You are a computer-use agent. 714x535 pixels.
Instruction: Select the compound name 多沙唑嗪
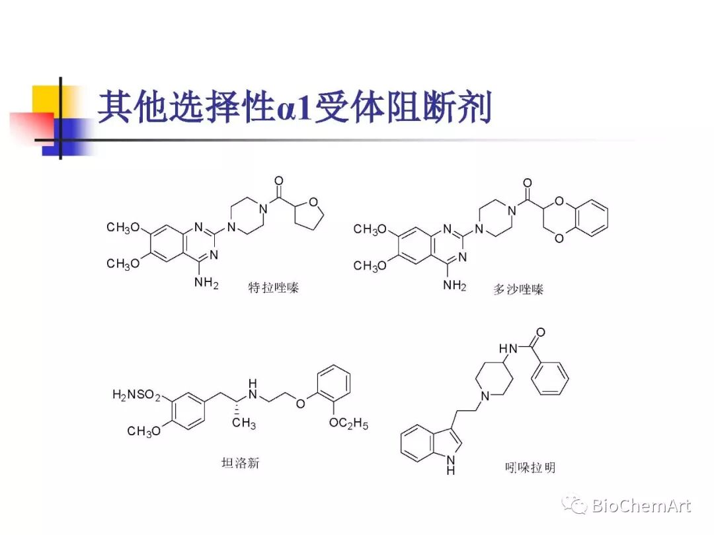tap(518, 289)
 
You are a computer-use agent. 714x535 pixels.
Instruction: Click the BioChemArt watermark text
tap(641, 507)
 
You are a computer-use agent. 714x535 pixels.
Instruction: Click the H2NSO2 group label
tap(136, 395)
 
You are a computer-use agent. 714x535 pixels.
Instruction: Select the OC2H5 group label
tap(348, 423)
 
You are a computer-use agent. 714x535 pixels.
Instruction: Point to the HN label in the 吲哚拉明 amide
tap(507, 347)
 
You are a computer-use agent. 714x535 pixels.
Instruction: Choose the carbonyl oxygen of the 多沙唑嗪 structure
tap(527, 183)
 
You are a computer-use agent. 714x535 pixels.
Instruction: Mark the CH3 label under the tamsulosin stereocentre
tap(243, 424)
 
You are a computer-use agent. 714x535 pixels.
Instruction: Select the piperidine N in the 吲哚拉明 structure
tap(485, 396)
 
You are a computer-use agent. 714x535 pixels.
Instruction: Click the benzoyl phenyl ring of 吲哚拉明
tap(551, 379)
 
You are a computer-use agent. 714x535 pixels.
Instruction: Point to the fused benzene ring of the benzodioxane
tap(590, 219)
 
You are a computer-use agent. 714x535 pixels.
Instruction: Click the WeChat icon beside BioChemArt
tap(574, 506)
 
